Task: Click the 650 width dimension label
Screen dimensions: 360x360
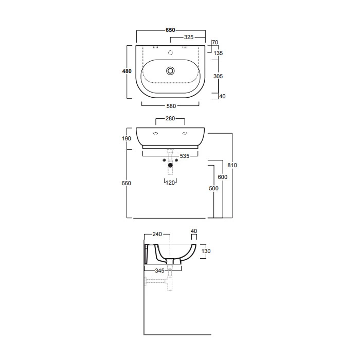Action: click(170, 30)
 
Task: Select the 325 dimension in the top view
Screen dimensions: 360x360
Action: click(189, 37)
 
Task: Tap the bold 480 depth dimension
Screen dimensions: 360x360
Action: click(127, 71)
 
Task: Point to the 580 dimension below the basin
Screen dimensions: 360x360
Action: click(171, 106)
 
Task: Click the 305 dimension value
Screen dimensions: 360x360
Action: click(218, 76)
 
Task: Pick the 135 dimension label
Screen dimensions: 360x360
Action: click(218, 53)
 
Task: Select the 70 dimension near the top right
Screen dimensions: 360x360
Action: click(215, 42)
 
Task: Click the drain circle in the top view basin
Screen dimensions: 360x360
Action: click(170, 71)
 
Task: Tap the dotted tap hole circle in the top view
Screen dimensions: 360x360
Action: click(170, 52)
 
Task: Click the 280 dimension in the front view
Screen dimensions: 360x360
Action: click(170, 118)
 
